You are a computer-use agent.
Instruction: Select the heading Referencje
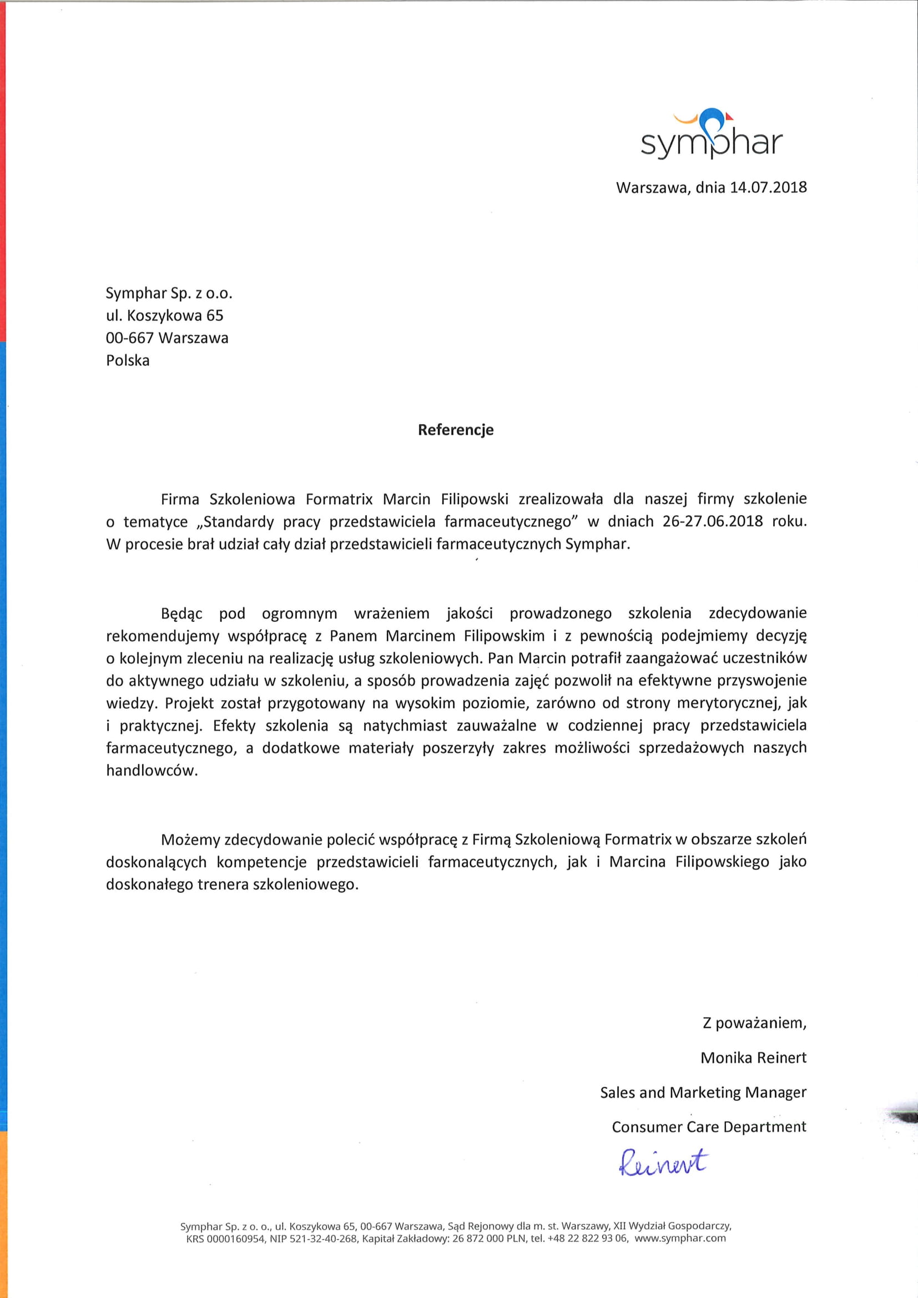tap(456, 430)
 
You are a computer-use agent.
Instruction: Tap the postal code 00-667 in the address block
tap(129, 338)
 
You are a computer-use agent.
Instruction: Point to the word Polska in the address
tap(128, 361)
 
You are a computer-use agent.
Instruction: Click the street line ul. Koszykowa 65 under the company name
tap(164, 315)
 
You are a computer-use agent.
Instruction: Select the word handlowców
tap(152, 771)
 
